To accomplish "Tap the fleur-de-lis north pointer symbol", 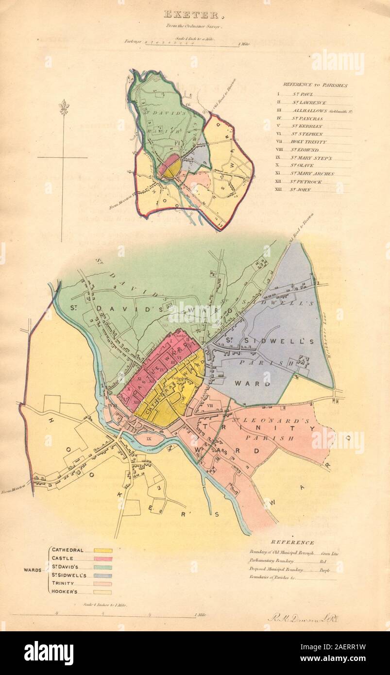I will (x=62, y=107).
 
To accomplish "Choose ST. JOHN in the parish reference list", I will (x=301, y=190).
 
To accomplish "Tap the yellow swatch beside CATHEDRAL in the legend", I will (x=103, y=550).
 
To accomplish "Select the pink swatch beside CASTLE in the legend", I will (x=103, y=558).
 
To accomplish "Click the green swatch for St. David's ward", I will (x=103, y=567).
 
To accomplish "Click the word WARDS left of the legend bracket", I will (x=34, y=570).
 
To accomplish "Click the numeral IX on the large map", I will (x=149, y=439).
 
